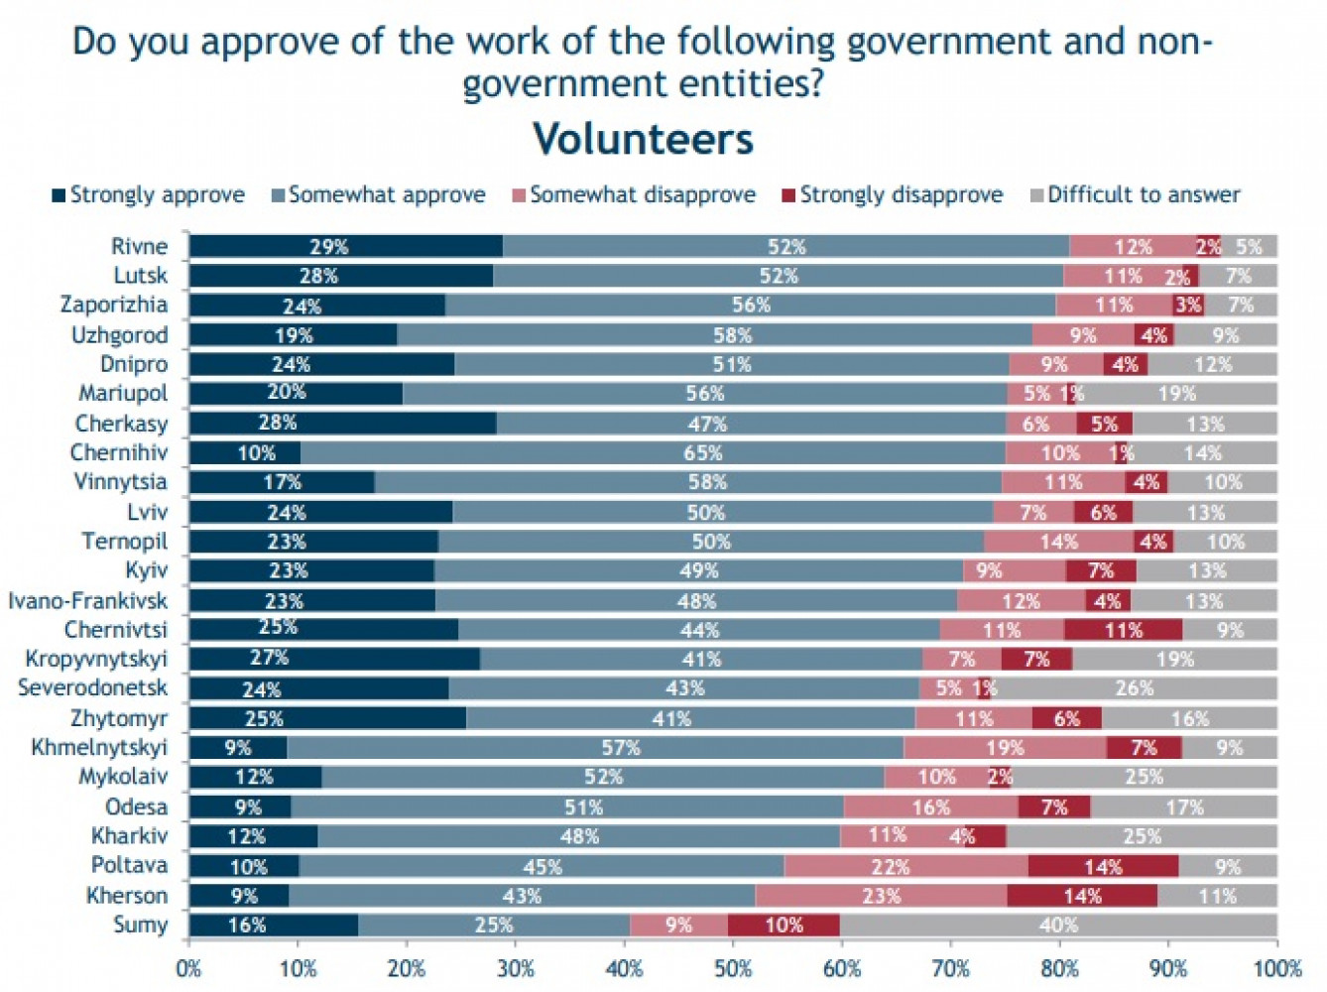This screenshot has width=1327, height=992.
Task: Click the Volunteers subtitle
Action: click(643, 139)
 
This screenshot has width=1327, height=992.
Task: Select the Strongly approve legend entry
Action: click(149, 195)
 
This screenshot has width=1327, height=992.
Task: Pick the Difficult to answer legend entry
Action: click(1135, 195)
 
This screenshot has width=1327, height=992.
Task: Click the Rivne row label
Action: click(139, 246)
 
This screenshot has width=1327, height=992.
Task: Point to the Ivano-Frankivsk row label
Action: click(88, 600)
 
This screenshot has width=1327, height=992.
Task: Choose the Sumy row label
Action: click(141, 925)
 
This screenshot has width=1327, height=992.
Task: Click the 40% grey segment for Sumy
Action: click(1058, 926)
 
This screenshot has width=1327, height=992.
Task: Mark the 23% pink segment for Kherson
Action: click(881, 896)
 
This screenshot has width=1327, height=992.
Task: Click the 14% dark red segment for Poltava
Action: click(1103, 867)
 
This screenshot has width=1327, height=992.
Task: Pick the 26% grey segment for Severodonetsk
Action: click(1135, 688)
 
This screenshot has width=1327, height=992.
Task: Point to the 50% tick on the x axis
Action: click(733, 968)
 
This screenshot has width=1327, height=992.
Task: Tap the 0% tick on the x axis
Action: click(189, 968)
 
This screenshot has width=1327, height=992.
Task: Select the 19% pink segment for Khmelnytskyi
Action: click(1005, 748)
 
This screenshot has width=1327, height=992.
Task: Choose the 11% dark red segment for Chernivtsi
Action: click(1123, 630)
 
